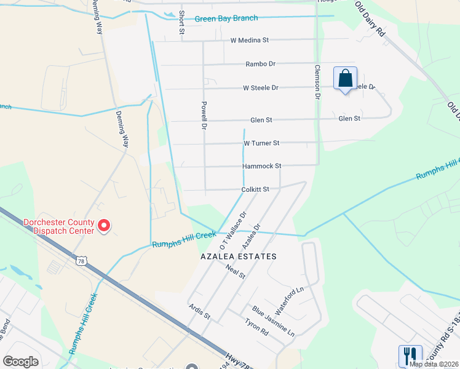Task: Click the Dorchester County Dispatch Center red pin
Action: pos(104,226)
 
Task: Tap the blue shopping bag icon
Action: pos(345,79)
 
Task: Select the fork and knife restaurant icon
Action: pos(410,355)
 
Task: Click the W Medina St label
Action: pos(250,41)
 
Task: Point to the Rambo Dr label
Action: pos(260,64)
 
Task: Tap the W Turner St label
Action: pos(261,143)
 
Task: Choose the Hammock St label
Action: pos(261,166)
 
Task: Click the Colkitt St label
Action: pos(256,189)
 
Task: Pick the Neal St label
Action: pos(236,271)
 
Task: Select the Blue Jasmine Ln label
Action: pos(273,321)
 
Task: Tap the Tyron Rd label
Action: pos(256,327)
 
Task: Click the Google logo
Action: pos(20,362)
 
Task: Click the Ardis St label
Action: pos(200,312)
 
